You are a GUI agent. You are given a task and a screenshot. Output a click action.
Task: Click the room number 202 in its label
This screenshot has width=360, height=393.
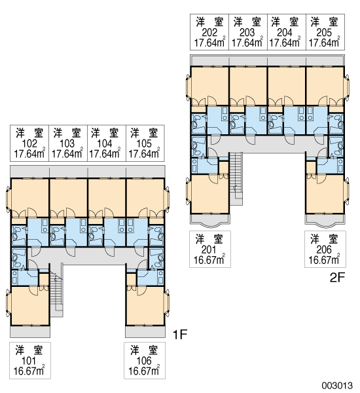[209, 33]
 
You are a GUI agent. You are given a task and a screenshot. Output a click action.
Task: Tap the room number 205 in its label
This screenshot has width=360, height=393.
[324, 33]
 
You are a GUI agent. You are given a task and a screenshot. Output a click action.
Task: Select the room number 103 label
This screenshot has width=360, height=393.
[67, 143]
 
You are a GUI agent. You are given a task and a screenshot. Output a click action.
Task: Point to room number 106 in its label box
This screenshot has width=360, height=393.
[144, 361]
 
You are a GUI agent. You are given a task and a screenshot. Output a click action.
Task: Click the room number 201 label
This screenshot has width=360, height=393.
[209, 250]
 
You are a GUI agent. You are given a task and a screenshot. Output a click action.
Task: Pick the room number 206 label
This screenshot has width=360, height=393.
[324, 250]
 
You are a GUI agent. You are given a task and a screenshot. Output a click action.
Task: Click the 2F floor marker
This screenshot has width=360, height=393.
[338, 278]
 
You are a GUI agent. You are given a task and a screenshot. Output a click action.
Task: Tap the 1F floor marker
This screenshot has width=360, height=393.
[180, 334]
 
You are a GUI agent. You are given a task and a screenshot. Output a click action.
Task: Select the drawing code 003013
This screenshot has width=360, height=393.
[337, 385]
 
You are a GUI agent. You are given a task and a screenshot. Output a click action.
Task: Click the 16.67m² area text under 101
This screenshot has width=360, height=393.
[29, 371]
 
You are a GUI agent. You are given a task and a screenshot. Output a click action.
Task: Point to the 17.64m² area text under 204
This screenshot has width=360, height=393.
[285, 43]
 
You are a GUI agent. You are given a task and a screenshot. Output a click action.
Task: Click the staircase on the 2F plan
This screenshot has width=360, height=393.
[236, 178]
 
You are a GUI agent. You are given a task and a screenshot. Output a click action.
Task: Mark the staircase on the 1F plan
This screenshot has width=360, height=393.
[56, 291]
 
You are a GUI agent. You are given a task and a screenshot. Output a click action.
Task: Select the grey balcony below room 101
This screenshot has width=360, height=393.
[30, 331]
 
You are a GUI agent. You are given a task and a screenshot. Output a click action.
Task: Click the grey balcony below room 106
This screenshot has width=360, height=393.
[145, 331]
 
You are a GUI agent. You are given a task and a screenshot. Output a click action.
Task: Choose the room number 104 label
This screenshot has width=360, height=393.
[105, 143]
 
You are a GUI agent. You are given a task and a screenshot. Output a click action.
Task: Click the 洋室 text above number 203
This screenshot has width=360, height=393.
[247, 22]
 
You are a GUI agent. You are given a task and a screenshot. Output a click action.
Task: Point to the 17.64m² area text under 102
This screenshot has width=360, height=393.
[29, 153]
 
